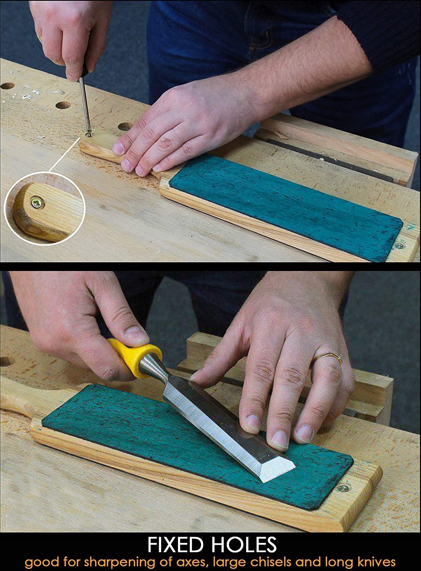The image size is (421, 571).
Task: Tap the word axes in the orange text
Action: click(191, 563)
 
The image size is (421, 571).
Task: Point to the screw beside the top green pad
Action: click(399, 245)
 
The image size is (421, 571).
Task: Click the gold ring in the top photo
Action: click(40, 38)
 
